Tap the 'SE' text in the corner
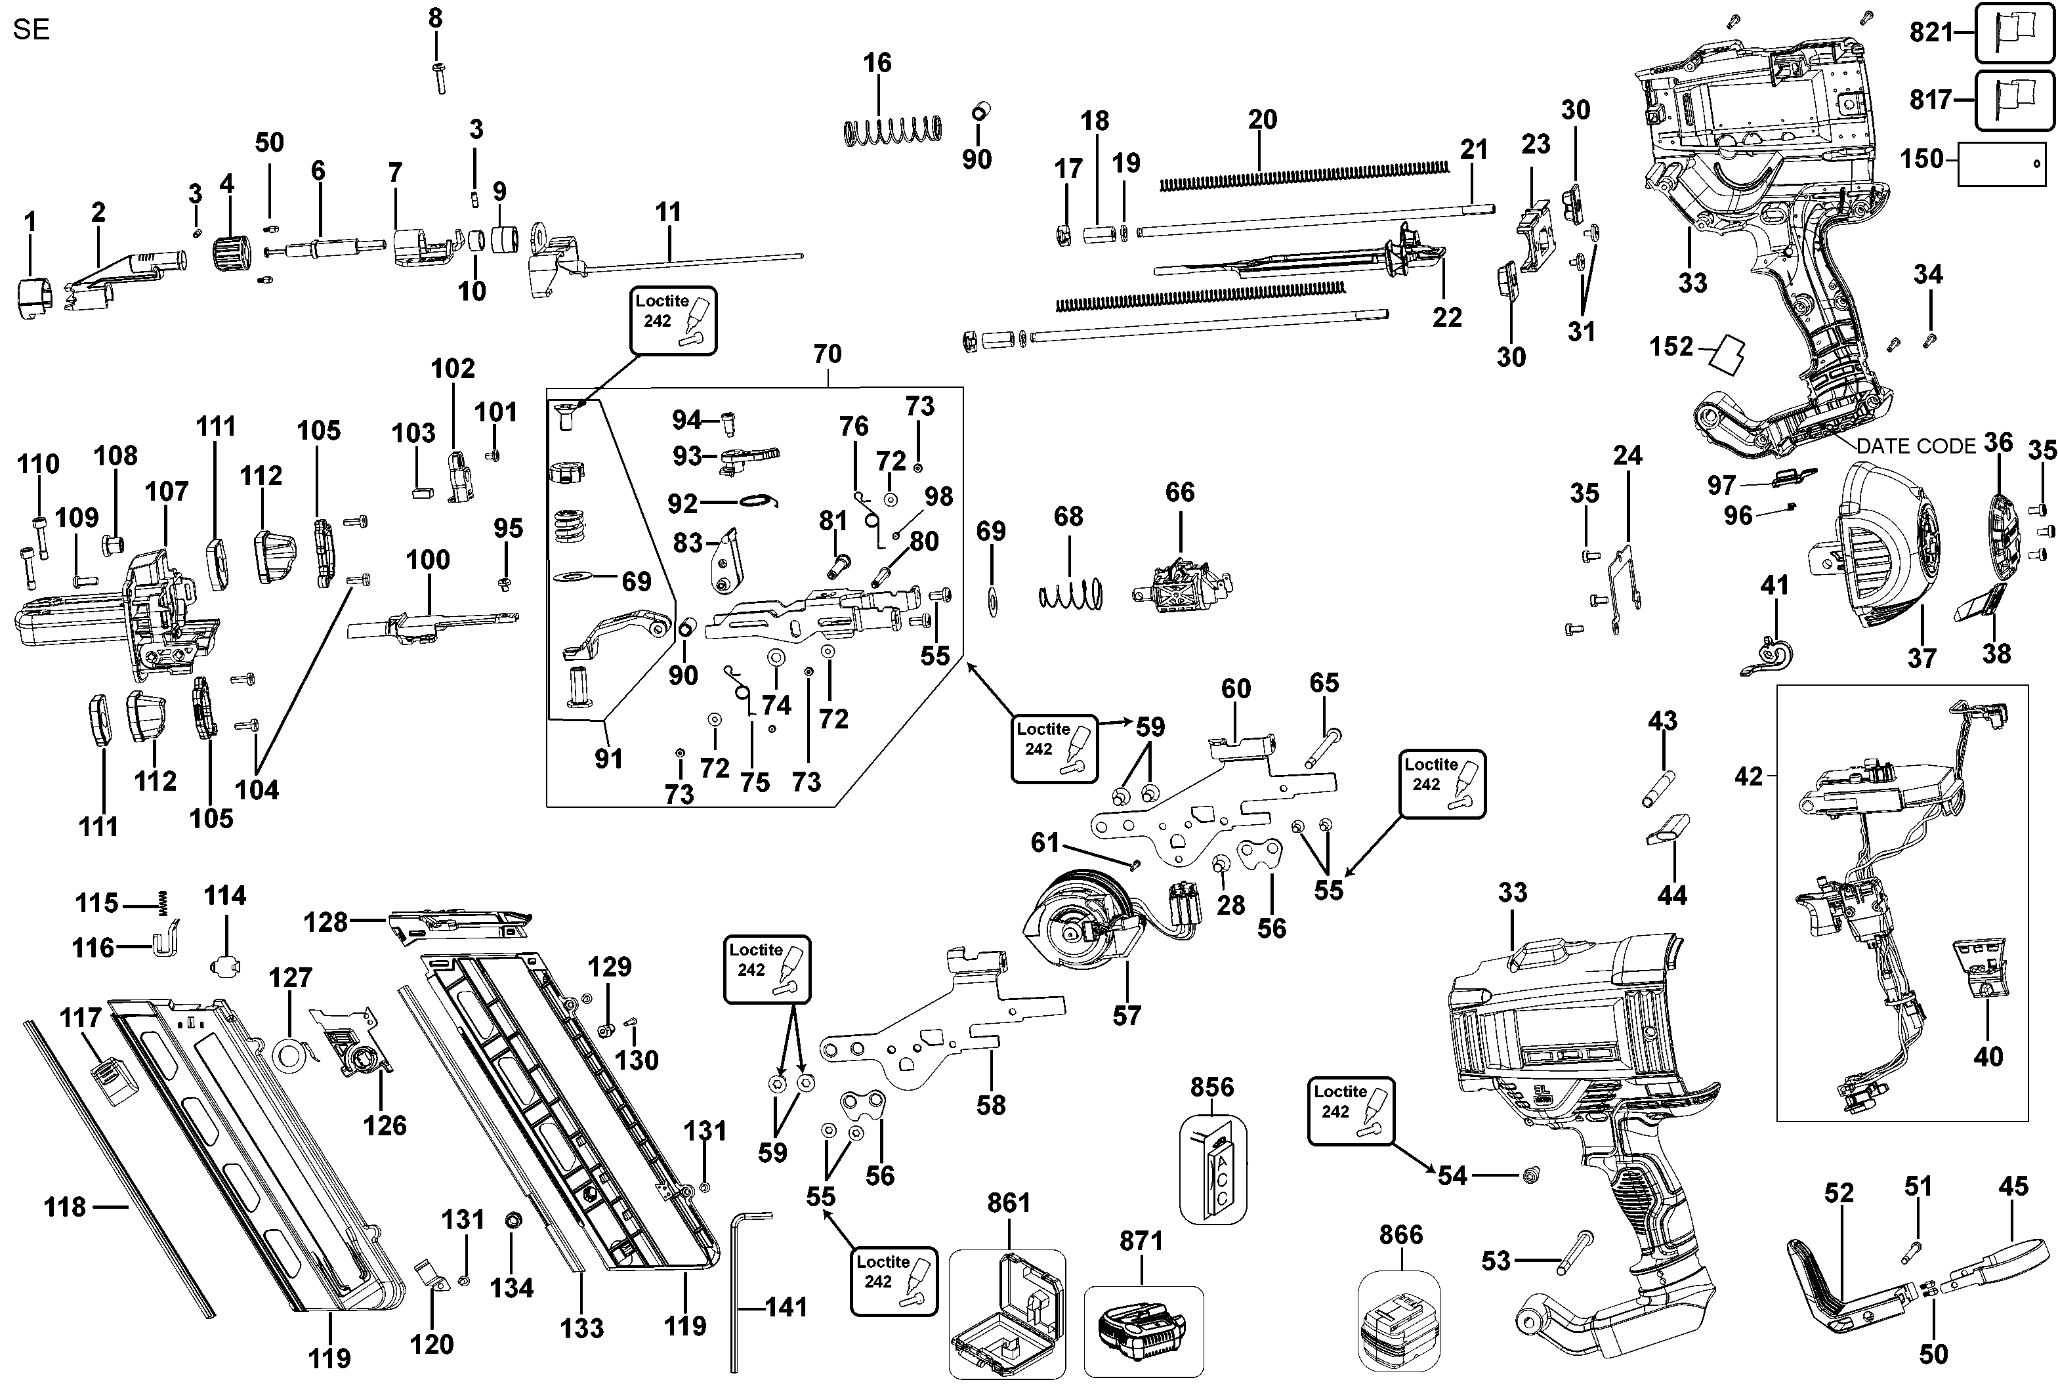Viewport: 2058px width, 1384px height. click(x=31, y=30)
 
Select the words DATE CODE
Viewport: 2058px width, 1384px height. click(x=1915, y=447)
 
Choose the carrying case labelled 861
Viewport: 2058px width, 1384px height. click(x=1006, y=1313)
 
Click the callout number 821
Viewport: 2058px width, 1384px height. click(x=1931, y=33)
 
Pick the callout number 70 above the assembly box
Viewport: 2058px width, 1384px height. click(x=827, y=354)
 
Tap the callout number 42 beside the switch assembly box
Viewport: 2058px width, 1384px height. click(x=1748, y=777)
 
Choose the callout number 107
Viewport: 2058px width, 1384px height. click(x=167, y=492)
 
